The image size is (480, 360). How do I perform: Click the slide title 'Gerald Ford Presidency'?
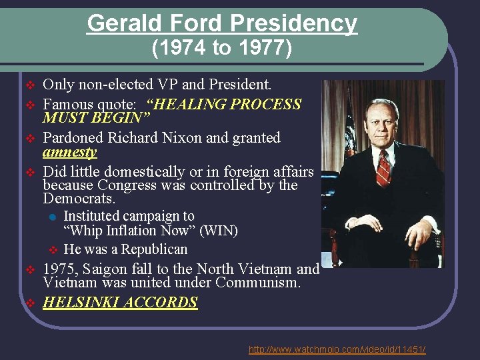[222, 23]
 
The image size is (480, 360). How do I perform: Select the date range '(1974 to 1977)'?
[222, 49]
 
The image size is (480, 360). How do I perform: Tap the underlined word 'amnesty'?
[69, 153]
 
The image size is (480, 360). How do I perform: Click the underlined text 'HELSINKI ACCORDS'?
[120, 302]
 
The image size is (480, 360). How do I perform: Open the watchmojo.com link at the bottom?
[337, 350]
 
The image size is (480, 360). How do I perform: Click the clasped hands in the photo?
[419, 233]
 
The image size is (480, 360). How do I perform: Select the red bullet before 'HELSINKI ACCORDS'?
[29, 303]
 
